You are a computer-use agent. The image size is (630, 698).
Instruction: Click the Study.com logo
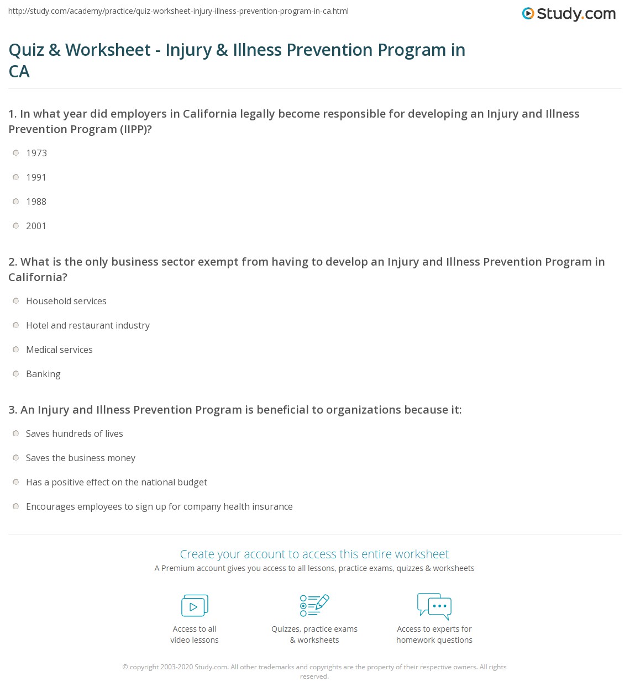point(569,14)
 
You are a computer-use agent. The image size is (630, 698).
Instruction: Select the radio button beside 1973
point(16,153)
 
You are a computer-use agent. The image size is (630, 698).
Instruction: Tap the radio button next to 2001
point(16,226)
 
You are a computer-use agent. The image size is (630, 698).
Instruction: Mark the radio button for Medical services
point(16,350)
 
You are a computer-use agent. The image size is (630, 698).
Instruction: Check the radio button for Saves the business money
point(16,458)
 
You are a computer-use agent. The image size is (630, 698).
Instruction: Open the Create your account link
point(314,554)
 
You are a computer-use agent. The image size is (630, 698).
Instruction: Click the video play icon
point(195,606)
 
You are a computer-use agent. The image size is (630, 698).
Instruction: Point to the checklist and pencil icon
point(314,605)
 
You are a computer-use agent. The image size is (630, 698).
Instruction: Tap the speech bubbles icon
point(434,606)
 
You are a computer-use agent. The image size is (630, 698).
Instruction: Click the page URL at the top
point(179,11)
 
